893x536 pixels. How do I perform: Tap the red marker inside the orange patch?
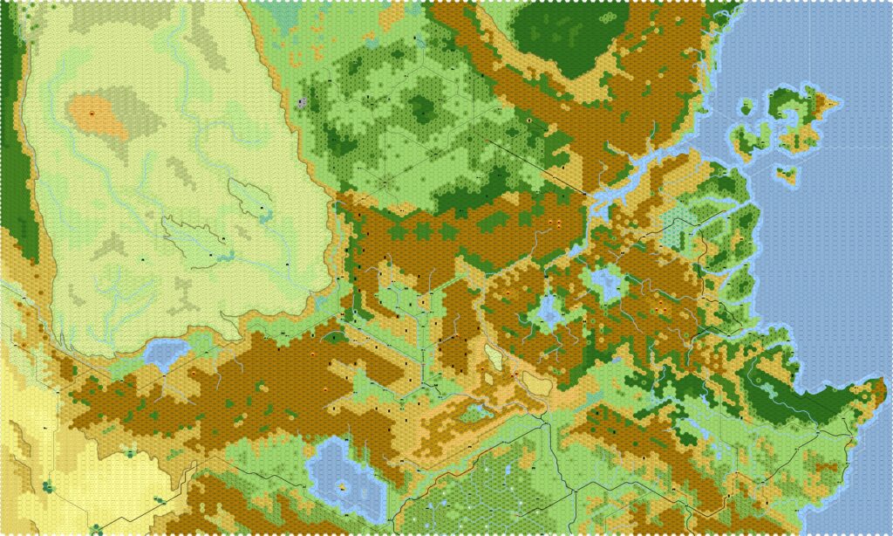92,113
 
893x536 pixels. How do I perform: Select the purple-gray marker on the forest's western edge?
302,103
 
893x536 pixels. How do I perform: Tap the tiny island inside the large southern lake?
343,487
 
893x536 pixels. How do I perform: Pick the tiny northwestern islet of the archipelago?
746,108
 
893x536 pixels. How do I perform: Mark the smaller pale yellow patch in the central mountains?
494,355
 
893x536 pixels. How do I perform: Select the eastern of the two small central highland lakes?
605,281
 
